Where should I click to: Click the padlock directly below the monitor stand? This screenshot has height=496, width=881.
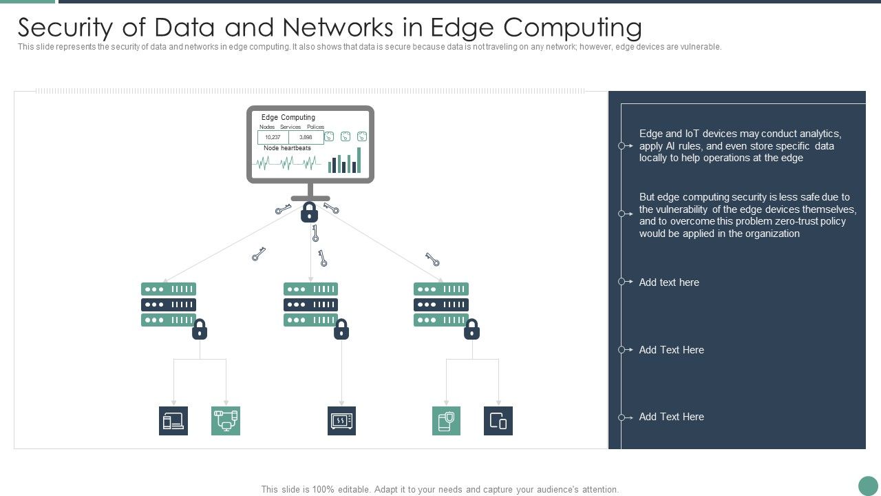(x=309, y=211)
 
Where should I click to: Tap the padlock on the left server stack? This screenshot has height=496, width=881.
(x=200, y=329)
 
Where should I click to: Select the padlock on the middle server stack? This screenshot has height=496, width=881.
(x=341, y=329)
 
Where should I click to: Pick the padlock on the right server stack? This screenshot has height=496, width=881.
(x=471, y=329)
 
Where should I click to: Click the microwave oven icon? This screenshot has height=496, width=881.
(x=341, y=421)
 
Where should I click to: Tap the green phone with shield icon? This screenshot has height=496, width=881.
(x=446, y=421)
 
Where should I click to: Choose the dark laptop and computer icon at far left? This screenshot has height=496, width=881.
(x=173, y=421)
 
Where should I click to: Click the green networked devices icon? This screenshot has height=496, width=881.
(x=226, y=421)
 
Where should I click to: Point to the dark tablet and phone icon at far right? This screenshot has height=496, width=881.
(x=498, y=421)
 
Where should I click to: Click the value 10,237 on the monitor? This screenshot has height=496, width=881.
(x=273, y=137)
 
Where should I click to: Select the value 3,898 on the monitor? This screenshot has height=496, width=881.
(x=306, y=137)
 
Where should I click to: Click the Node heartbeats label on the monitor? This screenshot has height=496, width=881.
(x=287, y=148)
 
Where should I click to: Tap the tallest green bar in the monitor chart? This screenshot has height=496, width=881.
(x=359, y=160)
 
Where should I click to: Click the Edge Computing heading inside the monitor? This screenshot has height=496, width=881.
(x=288, y=118)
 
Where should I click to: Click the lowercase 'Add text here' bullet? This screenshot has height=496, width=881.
(x=669, y=282)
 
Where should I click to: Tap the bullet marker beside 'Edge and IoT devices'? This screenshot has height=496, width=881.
(x=622, y=146)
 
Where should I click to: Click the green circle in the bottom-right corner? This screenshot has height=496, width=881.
(x=868, y=485)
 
